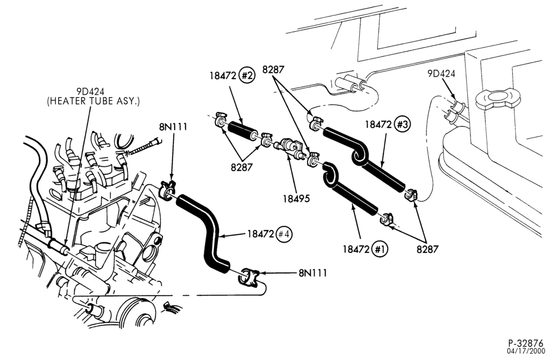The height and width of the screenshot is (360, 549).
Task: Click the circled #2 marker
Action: (247, 76)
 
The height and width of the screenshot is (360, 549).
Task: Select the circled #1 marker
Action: (380, 249)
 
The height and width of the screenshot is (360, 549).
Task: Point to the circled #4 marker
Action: (284, 234)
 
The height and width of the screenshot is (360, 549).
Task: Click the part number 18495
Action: (296, 198)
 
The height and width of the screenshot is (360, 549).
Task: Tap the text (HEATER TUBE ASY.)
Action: (93, 101)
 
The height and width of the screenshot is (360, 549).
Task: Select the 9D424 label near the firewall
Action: (441, 74)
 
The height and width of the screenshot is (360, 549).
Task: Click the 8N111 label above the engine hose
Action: (173, 127)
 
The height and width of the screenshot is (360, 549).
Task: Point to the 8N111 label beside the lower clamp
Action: (313, 273)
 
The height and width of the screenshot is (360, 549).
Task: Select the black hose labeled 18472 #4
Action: (210, 231)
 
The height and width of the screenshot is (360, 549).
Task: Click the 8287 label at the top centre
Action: (273, 70)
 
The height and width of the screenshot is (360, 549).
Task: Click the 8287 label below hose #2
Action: (241, 167)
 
